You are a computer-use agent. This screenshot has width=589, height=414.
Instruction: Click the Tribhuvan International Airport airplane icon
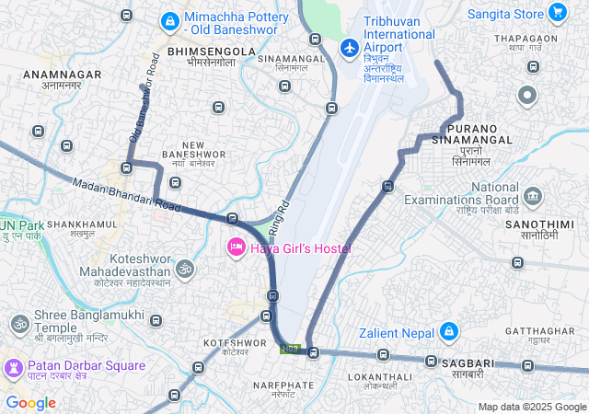pos(349,47)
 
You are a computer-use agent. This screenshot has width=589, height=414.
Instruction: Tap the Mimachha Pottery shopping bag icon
pos(169,19)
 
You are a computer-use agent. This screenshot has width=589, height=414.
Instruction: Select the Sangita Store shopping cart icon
pos(557,13)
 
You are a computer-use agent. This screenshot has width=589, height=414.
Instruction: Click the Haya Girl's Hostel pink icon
pos(236,247)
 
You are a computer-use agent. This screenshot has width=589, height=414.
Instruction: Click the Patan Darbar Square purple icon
pos(13,366)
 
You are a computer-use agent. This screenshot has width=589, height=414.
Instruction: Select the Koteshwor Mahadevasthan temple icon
pos(185,269)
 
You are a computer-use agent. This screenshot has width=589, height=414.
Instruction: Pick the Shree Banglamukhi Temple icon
pos(18,324)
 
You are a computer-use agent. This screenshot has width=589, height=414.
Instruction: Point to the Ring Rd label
pos(280,214)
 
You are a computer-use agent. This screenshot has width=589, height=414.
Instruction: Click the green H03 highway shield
pos(291,349)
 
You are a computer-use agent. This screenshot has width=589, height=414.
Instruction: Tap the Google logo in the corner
pos(30,403)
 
